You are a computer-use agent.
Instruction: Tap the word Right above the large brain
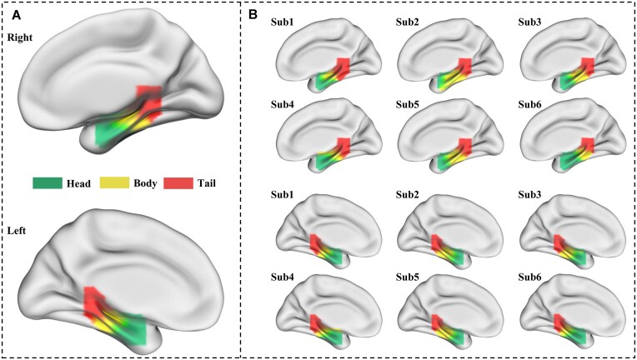[x=20, y=37]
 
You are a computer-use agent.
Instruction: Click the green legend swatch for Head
[x=48, y=182]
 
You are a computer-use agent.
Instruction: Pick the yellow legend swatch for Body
[x=113, y=182]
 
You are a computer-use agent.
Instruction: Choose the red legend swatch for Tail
[x=179, y=182]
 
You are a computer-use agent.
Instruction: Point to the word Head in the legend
[x=82, y=182]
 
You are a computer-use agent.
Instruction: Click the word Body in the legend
[x=147, y=182]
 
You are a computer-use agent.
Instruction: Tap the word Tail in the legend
[x=209, y=182]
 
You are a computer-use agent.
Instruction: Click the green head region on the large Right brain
[x=107, y=134]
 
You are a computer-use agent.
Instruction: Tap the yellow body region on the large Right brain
[x=133, y=122]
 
